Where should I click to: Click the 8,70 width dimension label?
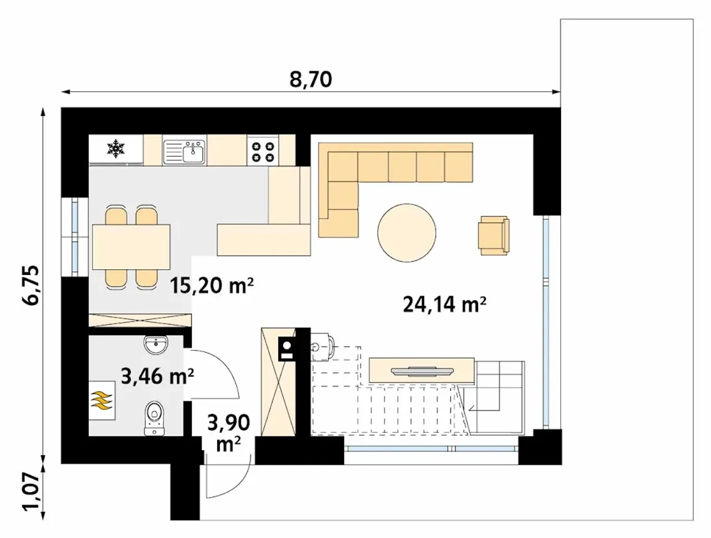tap(311, 79)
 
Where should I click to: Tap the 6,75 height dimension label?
tap(32, 285)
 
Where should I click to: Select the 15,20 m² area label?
tap(211, 286)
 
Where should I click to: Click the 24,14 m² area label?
tap(445, 304)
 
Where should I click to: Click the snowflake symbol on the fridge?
tap(116, 149)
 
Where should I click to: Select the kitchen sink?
tap(184, 151)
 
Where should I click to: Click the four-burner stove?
tap(263, 152)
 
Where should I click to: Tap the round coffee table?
tap(407, 233)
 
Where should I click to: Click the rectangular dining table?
tap(131, 247)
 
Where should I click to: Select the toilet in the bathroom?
tap(154, 418)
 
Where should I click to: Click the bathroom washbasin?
tap(156, 345)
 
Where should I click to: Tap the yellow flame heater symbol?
tap(102, 400)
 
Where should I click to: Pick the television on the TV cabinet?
tap(422, 371)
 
